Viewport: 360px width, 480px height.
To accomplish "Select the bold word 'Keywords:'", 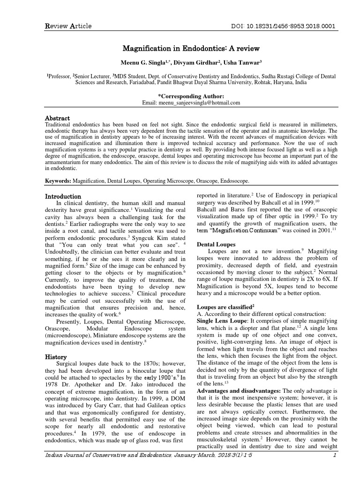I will tap(58, 180).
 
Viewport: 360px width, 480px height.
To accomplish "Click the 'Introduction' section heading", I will tap(63, 196).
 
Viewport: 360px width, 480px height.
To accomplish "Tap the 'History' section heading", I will tap(55, 357).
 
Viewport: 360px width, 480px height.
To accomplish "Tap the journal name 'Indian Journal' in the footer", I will tap(66, 467).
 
